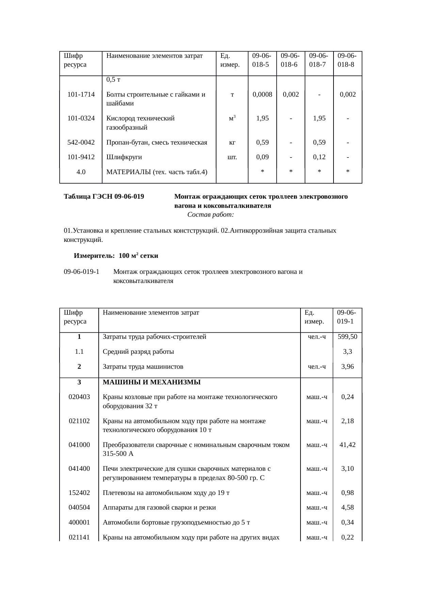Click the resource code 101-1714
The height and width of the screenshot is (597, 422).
81,95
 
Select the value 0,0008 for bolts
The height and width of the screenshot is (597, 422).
262,95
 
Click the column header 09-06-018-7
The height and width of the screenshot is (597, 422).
319,60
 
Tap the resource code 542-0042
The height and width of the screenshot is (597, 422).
81,143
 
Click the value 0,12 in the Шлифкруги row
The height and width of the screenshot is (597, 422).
319,157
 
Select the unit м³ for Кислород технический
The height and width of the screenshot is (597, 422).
232,118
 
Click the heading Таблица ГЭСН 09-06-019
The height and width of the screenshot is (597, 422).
104,197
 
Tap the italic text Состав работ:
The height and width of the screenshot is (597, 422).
210,215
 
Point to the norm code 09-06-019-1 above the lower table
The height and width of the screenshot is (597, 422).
82,272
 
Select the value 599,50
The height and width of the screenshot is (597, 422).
347,337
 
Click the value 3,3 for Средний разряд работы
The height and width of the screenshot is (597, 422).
347,352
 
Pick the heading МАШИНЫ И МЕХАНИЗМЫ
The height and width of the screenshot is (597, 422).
151,382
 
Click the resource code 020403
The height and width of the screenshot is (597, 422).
79,397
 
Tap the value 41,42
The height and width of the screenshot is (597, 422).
347,445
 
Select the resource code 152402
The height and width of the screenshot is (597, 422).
79,493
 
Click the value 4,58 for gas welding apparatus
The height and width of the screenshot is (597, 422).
347,508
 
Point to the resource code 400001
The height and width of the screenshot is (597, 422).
79,523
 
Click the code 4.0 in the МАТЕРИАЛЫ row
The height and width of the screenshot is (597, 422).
81,172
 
